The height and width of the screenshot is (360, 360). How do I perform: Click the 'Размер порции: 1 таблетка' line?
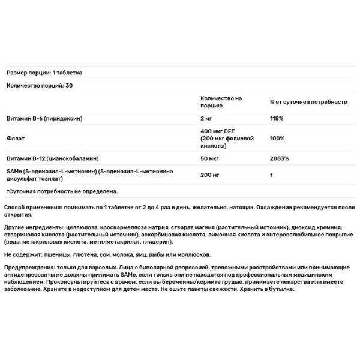44,73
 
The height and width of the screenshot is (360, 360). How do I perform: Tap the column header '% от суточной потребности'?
308,101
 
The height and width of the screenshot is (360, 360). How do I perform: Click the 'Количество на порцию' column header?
221,101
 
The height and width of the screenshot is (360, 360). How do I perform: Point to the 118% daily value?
277,118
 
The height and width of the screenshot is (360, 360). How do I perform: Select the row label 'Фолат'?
14,139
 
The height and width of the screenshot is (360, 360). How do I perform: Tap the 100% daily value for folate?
277,139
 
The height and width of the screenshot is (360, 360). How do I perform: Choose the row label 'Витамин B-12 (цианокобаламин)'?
52,158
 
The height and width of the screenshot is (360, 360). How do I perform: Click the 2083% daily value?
279,158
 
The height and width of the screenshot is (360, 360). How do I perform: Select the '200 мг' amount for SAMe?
211,175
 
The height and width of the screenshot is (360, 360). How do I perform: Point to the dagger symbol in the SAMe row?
272,175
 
